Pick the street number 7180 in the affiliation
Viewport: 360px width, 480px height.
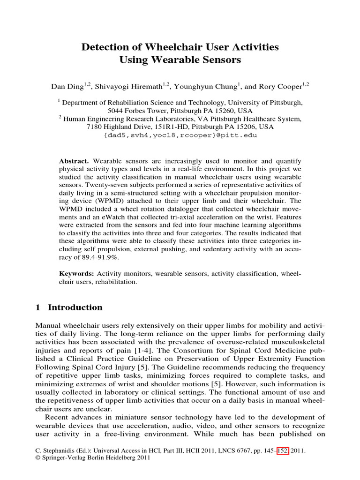[96, 127]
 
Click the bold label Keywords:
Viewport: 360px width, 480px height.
[76, 273]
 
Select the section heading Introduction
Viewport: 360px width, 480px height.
[75, 307]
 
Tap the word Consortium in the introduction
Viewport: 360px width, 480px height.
[212, 351]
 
